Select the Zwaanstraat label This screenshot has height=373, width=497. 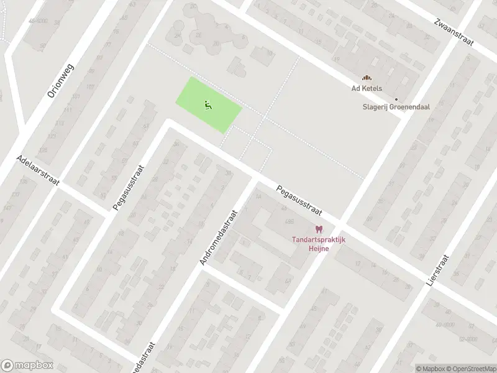point(454,32)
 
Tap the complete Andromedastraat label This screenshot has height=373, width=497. point(219,237)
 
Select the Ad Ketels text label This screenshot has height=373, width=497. point(367,88)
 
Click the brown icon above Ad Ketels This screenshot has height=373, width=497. point(367,78)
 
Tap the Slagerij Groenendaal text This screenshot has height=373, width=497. point(396,106)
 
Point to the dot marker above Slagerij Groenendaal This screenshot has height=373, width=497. point(396,98)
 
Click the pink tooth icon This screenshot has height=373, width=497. point(319,230)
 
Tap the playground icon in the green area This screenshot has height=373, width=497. point(207,105)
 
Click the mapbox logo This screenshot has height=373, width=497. point(26,366)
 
